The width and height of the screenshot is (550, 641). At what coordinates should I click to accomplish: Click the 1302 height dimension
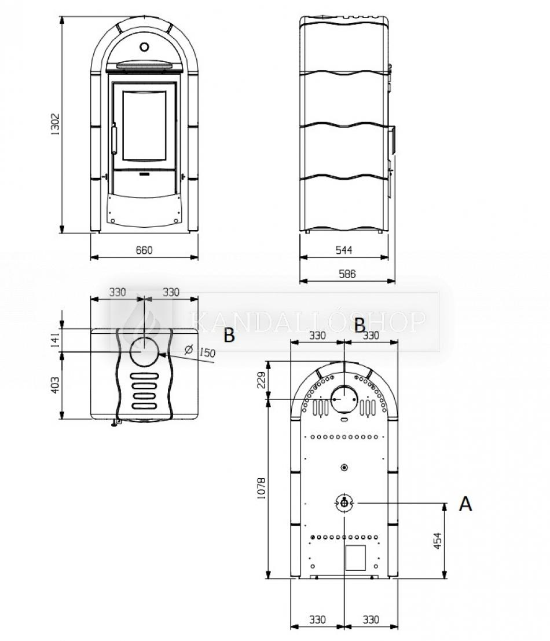55,124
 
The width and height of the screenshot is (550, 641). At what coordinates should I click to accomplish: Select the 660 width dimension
144,250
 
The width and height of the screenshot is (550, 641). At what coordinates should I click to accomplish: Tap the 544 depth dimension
344,250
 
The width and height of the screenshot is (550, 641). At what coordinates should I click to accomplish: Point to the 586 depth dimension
347,274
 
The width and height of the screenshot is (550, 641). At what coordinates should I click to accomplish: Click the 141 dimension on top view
55,340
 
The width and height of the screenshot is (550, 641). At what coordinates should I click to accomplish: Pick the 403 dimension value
55,385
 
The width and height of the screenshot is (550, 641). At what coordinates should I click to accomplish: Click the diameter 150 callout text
200,351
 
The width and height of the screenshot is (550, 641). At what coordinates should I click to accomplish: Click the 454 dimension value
437,540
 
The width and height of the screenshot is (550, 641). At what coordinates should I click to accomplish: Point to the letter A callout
465,503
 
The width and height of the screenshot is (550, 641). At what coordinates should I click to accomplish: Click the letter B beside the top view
229,335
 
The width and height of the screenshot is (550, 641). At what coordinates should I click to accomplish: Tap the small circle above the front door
144,47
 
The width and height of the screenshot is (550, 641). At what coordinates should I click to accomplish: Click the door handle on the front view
114,139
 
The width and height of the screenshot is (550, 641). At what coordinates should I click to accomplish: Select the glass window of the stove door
144,126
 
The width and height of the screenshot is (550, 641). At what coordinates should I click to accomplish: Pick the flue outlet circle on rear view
344,399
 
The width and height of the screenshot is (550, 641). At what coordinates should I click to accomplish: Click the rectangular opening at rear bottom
355,558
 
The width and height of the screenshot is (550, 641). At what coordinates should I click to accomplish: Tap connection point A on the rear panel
344,503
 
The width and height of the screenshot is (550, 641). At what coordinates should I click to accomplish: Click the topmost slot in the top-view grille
144,376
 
